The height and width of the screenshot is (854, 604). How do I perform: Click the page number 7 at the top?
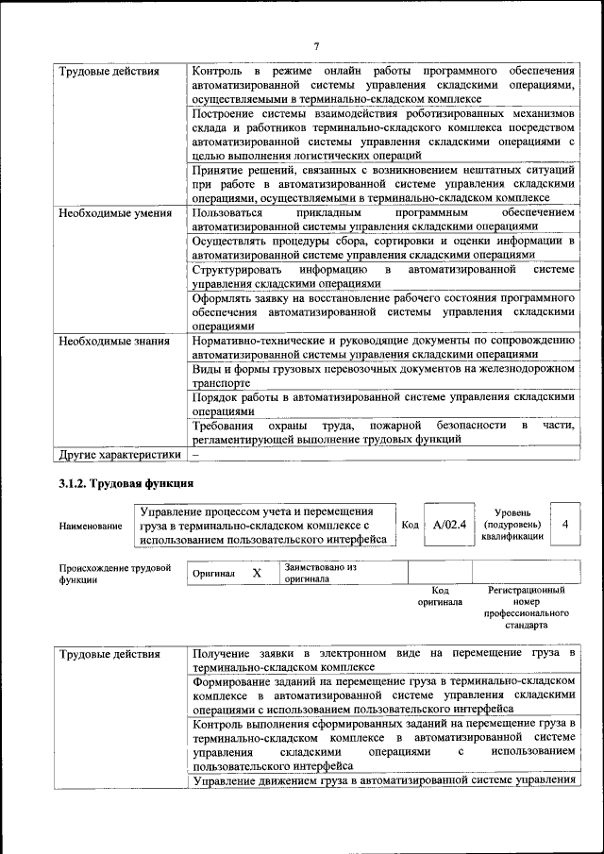pos(316,46)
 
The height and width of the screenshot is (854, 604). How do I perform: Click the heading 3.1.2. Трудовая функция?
pos(119,483)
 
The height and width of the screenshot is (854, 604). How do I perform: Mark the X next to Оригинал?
pos(257,573)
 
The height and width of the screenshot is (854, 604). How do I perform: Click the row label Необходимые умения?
pos(114,213)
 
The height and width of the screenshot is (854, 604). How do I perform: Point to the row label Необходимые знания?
pos(114,341)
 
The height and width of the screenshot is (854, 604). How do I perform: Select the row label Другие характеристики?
pos(119,454)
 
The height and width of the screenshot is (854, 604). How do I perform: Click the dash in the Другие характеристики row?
pos(196,454)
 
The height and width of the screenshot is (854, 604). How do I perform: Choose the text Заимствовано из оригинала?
pos(320,573)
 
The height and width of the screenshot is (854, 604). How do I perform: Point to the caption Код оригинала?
pos(440,595)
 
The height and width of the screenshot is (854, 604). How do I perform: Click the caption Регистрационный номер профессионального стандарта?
pos(526,607)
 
